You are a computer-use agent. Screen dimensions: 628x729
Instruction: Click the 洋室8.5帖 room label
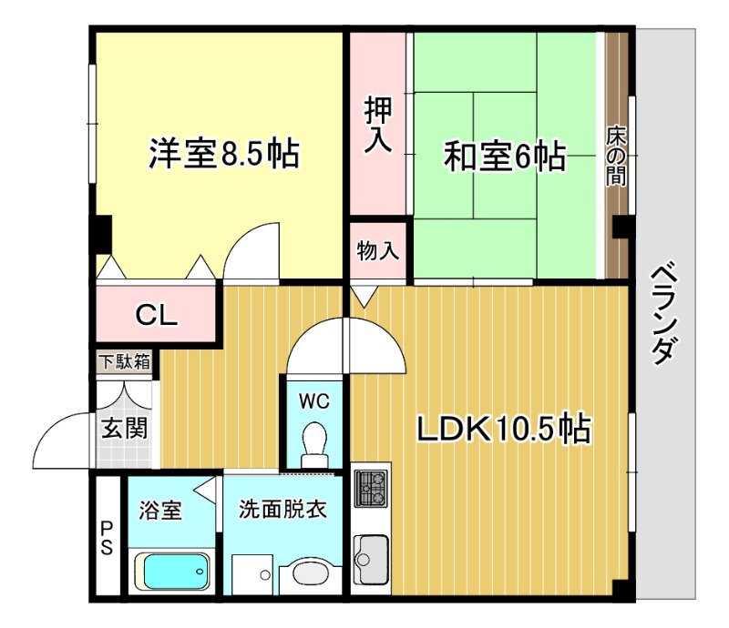click(x=223, y=155)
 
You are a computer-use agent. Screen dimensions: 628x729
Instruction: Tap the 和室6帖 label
click(x=504, y=157)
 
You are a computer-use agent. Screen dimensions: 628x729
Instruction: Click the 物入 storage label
click(x=378, y=250)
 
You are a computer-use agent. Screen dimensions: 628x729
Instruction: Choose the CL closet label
click(x=157, y=315)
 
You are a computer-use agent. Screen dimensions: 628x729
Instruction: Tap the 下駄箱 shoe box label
click(x=125, y=361)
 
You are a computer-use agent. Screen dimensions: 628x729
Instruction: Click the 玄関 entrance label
click(x=125, y=427)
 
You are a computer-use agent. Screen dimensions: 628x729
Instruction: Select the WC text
click(x=314, y=400)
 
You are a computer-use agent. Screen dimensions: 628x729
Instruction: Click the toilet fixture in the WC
click(x=314, y=442)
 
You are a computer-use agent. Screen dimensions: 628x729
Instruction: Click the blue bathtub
click(x=173, y=572)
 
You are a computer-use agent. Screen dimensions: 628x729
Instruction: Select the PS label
click(x=107, y=537)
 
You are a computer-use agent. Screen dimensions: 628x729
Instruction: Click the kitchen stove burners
click(x=370, y=491)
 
